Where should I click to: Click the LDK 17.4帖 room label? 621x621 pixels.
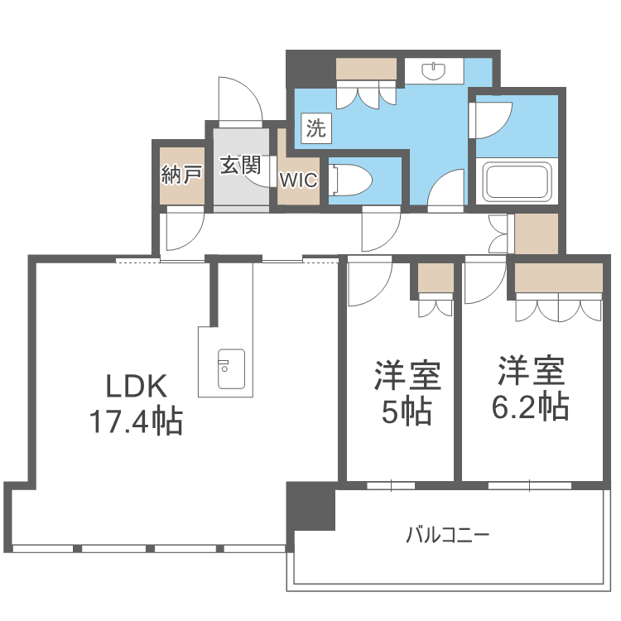137,404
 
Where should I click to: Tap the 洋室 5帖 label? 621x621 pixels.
407,392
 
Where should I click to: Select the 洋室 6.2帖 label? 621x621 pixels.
531,388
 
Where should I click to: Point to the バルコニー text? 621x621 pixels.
448,535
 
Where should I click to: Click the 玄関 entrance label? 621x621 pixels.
240,165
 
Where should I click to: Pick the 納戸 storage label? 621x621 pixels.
182,174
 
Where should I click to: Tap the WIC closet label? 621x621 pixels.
299,181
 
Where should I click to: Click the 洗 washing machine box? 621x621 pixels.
316,128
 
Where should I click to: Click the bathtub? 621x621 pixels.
517,181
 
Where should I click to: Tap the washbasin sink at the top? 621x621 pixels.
434,70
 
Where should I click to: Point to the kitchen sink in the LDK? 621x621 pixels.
231,368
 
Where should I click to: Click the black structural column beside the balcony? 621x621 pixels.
310,506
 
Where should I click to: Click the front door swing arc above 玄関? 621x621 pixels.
240,99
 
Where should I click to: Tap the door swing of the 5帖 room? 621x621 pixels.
370,282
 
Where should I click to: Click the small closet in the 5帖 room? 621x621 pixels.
436,278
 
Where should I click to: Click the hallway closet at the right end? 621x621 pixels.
537,233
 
